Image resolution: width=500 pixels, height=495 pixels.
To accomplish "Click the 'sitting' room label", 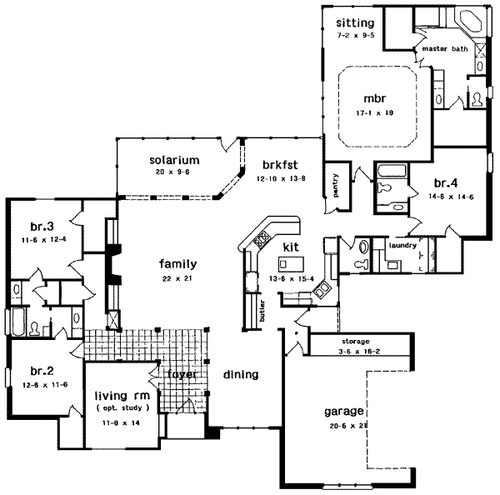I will click(355, 21).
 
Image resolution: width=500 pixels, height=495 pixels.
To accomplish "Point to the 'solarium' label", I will click(173, 159).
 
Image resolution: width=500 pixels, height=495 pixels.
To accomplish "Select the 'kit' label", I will click(290, 247).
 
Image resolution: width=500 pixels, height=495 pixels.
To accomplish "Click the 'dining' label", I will click(241, 374).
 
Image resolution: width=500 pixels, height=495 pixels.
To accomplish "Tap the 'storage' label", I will click(355, 342).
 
